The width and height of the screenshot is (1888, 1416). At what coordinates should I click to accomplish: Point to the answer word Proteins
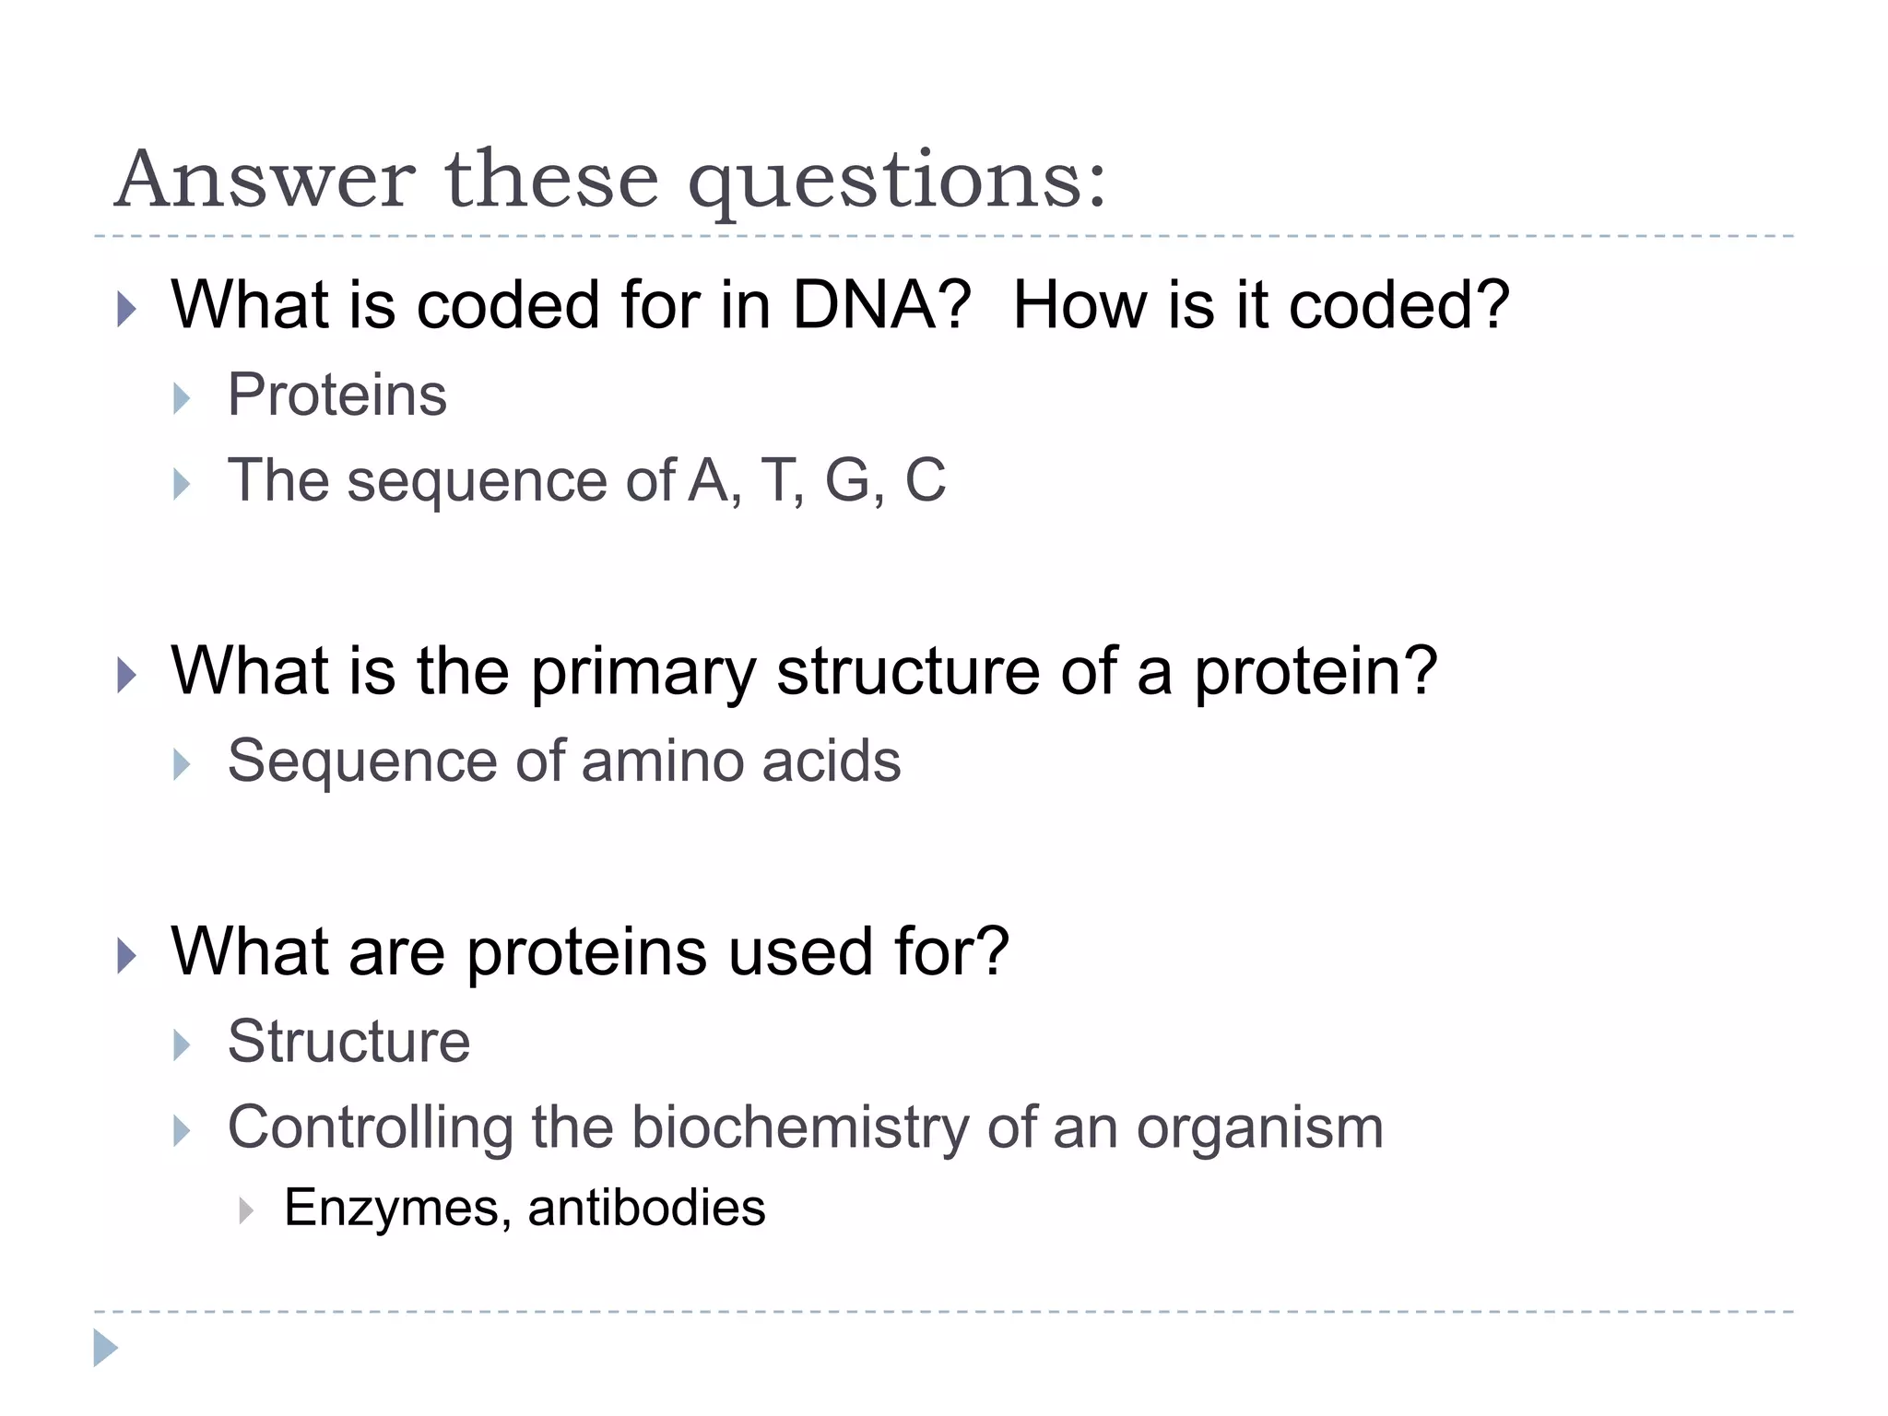pyautogui.click(x=337, y=395)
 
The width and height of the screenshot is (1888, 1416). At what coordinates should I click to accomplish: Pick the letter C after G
pyautogui.click(x=925, y=480)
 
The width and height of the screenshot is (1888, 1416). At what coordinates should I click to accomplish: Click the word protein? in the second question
pyautogui.click(x=1316, y=671)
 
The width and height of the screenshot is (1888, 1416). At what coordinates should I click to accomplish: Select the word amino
pyautogui.click(x=663, y=761)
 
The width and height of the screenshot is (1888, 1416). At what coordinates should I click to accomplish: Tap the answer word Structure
pyautogui.click(x=348, y=1042)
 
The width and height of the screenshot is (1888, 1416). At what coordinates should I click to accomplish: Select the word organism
pyautogui.click(x=1259, y=1128)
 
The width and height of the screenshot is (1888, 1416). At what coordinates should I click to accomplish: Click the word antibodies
pyautogui.click(x=646, y=1208)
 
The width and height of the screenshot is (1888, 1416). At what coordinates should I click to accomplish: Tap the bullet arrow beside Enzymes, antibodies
pyautogui.click(x=245, y=1210)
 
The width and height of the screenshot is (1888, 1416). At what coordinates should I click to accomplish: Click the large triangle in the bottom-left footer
pyautogui.click(x=105, y=1348)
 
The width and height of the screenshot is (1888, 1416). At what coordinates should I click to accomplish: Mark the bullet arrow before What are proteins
pyautogui.click(x=126, y=956)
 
